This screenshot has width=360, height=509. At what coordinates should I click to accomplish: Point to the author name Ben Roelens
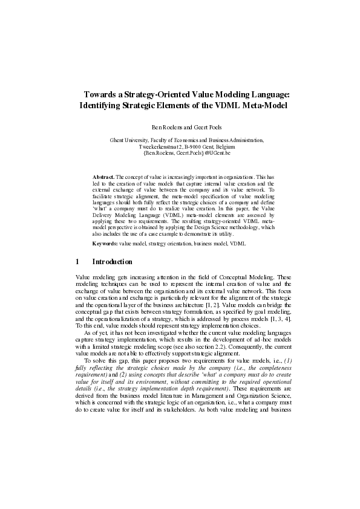click(x=165, y=128)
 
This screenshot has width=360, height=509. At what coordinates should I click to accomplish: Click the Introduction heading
click(x=112, y=262)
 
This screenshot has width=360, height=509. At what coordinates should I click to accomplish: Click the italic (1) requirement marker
click(x=284, y=362)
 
